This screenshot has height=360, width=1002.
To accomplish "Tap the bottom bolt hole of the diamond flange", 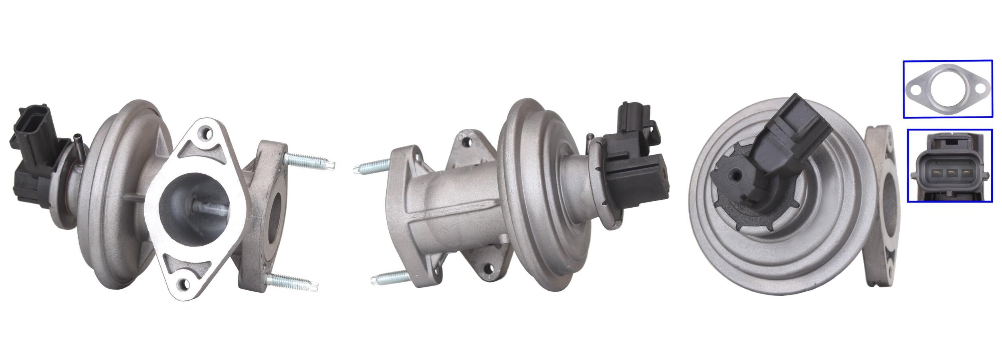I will tap(184, 284).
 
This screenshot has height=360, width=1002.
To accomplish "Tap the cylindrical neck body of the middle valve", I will tap(453, 200).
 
